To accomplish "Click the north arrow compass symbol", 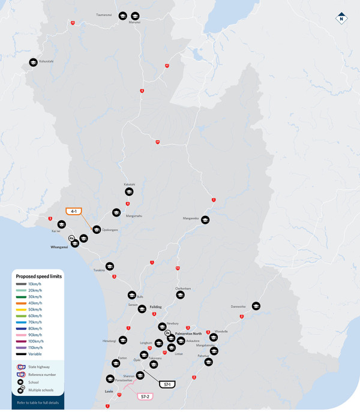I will pos(341,19).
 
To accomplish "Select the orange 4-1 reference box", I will pos(74,211).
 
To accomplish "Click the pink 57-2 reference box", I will pos(145,396).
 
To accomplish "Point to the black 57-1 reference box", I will pos(166,384).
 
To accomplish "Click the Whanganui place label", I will pos(60,246).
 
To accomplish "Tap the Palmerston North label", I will pos(188,333).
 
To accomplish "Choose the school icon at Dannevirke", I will pos(256,306).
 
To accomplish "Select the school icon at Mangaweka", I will pos(205,220).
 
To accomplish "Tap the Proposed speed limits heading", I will pos(39,276).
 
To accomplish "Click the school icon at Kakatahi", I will pos(129,191).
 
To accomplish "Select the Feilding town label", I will pos(156,306).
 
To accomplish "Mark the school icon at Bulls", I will pos(131,295).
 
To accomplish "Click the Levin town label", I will pos(109,391).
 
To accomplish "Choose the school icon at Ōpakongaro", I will pos(97,230).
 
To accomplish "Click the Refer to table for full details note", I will pos(38,402).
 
